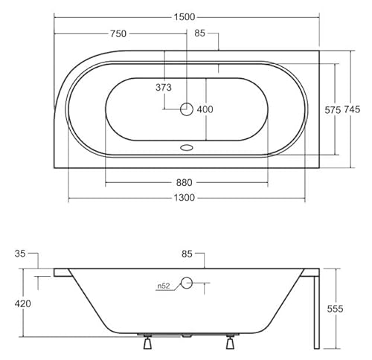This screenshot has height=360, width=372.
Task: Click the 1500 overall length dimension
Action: coord(186,7)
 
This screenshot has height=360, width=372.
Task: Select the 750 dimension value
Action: coord(118,33)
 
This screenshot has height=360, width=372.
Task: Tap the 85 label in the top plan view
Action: coord(200,33)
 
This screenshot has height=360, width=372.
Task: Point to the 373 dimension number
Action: coord(164,88)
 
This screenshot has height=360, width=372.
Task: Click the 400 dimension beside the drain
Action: coord(205,109)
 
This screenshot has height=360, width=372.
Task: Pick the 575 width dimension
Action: coord(332,109)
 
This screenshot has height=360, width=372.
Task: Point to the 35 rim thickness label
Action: coord(20,254)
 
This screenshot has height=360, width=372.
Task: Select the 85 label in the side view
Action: coord(187,254)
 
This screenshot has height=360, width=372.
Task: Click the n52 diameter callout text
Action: coord(164,284)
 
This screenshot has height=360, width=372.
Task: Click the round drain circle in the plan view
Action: coord(186,109)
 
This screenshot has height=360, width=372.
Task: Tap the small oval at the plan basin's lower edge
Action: coord(186,147)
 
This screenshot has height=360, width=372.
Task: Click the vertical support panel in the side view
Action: coord(316,309)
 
